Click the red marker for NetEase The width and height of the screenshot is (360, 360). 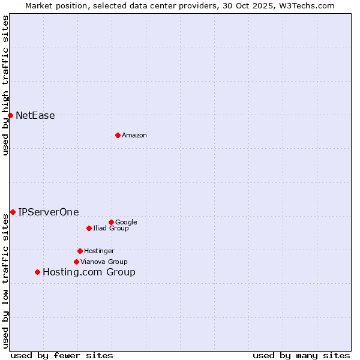pyautogui.click(x=10, y=115)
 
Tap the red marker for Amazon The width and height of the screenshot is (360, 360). pyautogui.click(x=118, y=135)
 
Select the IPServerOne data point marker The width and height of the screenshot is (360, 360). pyautogui.click(x=13, y=212)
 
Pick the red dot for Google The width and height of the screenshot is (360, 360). pyautogui.click(x=111, y=222)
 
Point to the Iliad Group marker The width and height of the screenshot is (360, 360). pyautogui.click(x=89, y=228)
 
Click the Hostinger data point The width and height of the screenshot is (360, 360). pyautogui.click(x=80, y=251)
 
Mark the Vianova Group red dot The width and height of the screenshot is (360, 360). pyautogui.click(x=76, y=262)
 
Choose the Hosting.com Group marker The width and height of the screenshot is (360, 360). pyautogui.click(x=37, y=272)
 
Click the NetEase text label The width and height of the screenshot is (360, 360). pyautogui.click(x=35, y=116)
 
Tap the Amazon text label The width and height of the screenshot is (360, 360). pyautogui.click(x=134, y=136)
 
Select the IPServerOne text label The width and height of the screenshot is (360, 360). pyautogui.click(x=49, y=212)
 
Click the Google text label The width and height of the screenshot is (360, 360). pyautogui.click(x=126, y=222)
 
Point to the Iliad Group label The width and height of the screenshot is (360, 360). pyautogui.click(x=111, y=228)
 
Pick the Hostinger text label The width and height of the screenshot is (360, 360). pyautogui.click(x=99, y=251)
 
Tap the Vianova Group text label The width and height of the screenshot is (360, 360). pyautogui.click(x=104, y=262)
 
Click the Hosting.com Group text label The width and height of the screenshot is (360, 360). pyautogui.click(x=89, y=272)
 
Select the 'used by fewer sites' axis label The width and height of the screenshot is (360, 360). pyautogui.click(x=62, y=355)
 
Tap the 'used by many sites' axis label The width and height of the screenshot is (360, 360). pyautogui.click(x=301, y=355)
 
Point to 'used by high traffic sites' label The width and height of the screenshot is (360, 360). pyautogui.click(x=5, y=85)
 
